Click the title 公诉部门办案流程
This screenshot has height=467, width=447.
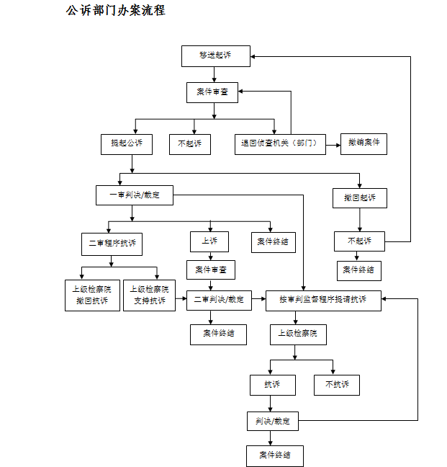[115, 12]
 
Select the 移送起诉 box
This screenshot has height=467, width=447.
[215, 55]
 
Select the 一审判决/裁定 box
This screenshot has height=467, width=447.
[135, 195]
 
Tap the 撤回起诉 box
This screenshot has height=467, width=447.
[360, 197]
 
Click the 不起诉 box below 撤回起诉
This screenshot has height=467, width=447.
[359, 241]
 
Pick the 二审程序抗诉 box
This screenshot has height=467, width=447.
[112, 244]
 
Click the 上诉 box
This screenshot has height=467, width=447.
[209, 241]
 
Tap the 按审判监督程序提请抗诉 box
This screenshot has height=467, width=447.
[322, 300]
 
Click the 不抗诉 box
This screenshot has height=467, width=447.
[336, 385]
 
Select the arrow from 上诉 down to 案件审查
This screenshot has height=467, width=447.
[209, 255]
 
